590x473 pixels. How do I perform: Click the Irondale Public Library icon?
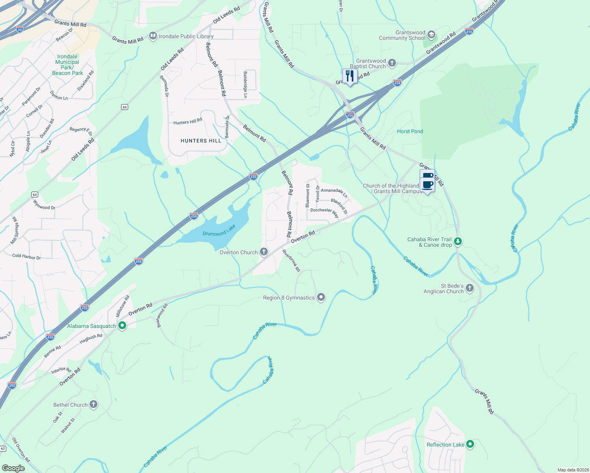click(153, 36)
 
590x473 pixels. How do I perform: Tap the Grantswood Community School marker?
click(431, 35)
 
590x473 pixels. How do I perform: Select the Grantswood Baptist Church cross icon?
click(392, 63)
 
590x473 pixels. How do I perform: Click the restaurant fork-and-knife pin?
click(349, 76)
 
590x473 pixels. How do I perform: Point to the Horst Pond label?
click(410, 131)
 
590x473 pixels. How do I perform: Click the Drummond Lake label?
click(219, 231)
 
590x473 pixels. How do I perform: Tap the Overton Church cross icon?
click(264, 252)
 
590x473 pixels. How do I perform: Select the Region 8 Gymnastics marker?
click(321, 298)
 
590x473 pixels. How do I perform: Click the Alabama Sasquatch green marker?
click(122, 326)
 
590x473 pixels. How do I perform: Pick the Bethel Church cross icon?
click(93, 404)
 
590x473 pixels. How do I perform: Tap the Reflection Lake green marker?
click(470, 444)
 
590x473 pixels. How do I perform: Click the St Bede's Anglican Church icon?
click(470, 288)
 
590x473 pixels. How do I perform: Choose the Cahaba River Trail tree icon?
click(457, 241)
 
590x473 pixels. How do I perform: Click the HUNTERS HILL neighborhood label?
click(201, 141)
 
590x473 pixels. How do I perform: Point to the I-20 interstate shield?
click(20, 29)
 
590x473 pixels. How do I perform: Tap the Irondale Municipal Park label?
click(67, 65)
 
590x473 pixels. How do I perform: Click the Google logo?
click(13, 468)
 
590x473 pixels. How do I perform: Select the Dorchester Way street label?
click(324, 212)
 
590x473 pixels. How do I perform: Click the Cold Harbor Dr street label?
click(26, 257)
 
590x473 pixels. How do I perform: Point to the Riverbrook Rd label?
click(291, 261)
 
